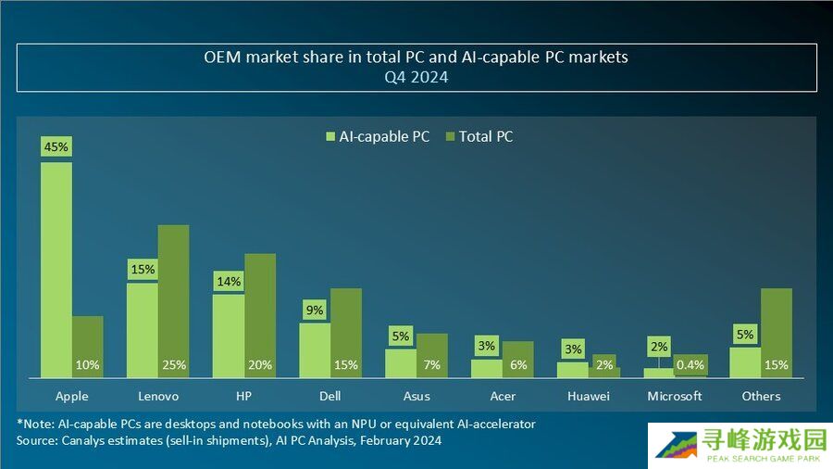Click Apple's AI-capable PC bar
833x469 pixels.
coord(56,269)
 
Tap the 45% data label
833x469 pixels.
coord(56,146)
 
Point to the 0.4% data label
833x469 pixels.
coord(690,365)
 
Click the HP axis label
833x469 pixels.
coord(244,396)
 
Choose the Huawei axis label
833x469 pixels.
coord(589,396)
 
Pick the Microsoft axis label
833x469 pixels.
coord(675,396)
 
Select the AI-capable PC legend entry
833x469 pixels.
coord(378,136)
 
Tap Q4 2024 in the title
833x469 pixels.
coord(416,78)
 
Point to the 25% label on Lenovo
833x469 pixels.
coord(174,365)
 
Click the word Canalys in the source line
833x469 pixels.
coord(84,440)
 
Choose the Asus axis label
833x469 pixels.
coord(416,396)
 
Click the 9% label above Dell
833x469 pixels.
coord(315,311)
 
